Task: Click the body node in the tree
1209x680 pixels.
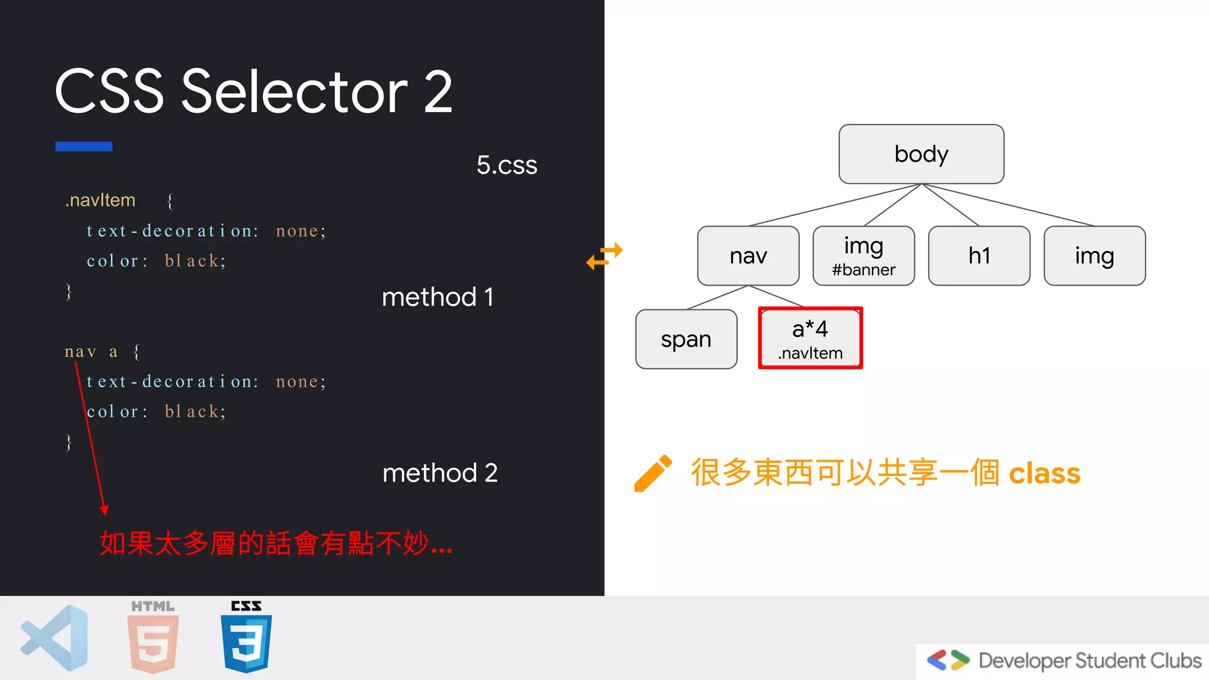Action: [921, 154]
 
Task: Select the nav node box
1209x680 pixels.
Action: [748, 256]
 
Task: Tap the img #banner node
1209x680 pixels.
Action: [863, 256]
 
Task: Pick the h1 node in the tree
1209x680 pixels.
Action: [979, 256]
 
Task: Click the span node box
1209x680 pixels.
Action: [686, 339]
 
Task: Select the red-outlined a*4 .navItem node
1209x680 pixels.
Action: [810, 338]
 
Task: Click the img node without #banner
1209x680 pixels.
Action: [1094, 256]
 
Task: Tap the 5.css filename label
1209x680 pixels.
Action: [507, 165]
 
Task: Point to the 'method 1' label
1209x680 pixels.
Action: [437, 297]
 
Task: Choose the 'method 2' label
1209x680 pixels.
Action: [440, 473]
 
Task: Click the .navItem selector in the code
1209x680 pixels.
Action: [100, 201]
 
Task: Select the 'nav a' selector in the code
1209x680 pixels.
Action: [91, 352]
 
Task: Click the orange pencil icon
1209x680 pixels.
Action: [652, 473]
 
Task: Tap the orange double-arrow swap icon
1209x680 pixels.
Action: [604, 256]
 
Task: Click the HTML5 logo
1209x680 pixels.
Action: [153, 637]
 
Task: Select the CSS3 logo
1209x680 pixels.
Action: [246, 637]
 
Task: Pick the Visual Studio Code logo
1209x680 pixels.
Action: [55, 638]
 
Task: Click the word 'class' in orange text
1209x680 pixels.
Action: [1044, 473]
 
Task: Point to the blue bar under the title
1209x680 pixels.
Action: [84, 146]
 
